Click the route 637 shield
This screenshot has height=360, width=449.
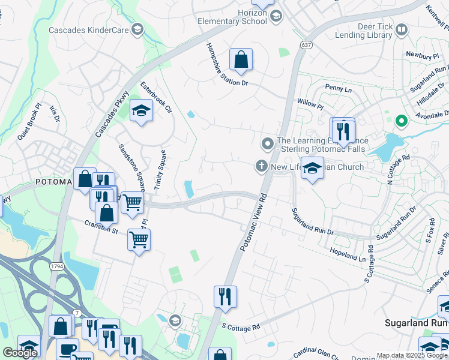point(306,45)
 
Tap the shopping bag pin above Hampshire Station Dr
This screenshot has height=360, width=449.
point(241,60)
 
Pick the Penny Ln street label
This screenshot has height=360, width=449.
point(338,88)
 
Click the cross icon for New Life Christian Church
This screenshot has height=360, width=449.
point(261,166)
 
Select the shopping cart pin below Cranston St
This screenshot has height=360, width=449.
point(139,240)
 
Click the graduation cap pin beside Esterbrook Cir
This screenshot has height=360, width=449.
point(141,111)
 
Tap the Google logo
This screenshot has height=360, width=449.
point(20,353)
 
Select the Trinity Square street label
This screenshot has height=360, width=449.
point(160,170)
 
